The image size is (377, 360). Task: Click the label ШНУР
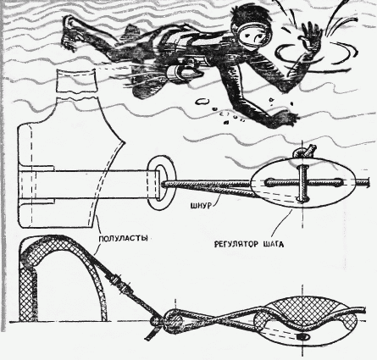tap(201, 206)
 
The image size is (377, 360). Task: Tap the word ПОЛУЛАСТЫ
tap(124, 239)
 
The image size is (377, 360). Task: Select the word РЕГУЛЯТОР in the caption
tap(236, 244)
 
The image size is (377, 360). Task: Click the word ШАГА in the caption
tap(274, 244)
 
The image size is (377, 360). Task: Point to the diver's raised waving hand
tap(312, 36)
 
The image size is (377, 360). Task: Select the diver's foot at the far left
tap(69, 32)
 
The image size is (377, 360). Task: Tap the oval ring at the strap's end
tap(161, 182)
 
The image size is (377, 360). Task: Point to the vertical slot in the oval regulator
tap(302, 183)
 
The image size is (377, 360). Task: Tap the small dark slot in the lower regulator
tap(303, 336)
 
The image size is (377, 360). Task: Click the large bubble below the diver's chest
tap(202, 102)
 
